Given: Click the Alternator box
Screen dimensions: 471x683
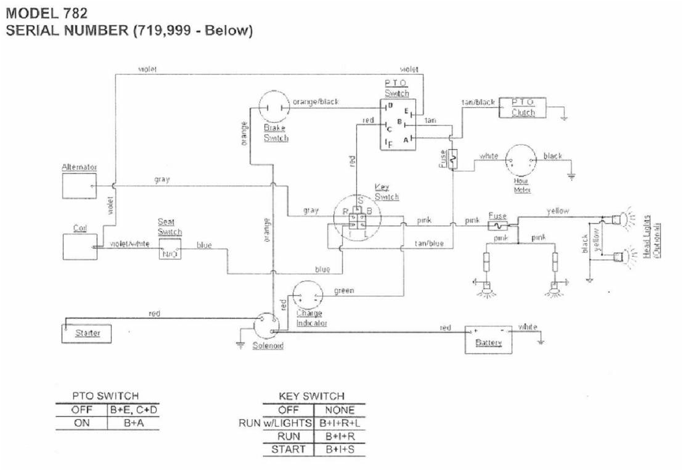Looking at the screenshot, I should (x=79, y=186).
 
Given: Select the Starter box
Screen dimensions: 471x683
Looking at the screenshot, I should (x=88, y=334).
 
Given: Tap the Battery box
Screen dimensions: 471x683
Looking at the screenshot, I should (x=488, y=339).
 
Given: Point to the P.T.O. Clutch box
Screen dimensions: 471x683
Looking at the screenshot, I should (x=523, y=107).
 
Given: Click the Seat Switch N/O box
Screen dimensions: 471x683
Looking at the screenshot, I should (x=170, y=249).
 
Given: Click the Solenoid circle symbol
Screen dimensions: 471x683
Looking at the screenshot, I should (x=267, y=324).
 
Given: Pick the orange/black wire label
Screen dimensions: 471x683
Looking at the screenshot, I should (x=316, y=102).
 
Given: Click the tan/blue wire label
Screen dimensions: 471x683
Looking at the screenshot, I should (x=429, y=244).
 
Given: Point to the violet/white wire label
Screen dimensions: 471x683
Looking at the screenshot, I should (x=129, y=244).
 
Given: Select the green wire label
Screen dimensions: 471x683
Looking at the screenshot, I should (x=344, y=290).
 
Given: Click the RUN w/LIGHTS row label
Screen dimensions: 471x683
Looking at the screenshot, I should (x=276, y=424).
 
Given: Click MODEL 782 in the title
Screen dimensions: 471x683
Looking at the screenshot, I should (x=46, y=12).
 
